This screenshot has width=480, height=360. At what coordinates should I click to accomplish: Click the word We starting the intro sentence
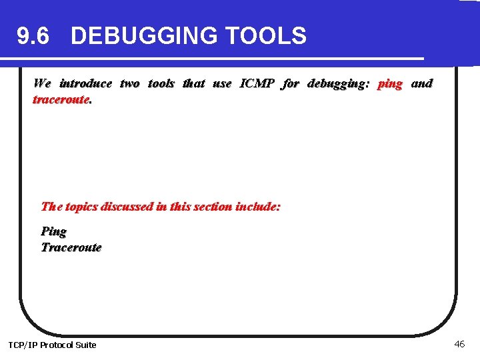pos(42,83)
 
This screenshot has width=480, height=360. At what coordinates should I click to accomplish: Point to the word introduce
pos(85,83)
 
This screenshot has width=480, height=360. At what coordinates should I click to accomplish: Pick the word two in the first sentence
pos(129,83)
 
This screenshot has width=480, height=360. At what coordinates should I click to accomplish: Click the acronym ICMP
pos(257,83)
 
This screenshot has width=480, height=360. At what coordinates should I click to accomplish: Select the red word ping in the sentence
pos(390,84)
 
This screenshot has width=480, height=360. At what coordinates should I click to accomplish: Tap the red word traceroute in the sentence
pos(61,99)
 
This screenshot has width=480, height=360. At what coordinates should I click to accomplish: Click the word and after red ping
pos(421,83)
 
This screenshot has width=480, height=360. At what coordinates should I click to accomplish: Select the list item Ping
pos(54,231)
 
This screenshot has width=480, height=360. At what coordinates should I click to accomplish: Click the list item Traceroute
pos(71,247)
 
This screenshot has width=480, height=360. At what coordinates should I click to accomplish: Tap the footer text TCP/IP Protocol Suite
pos(52,345)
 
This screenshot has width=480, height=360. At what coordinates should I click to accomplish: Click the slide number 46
pos(459,344)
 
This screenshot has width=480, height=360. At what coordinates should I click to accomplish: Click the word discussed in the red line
pos(126,207)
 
